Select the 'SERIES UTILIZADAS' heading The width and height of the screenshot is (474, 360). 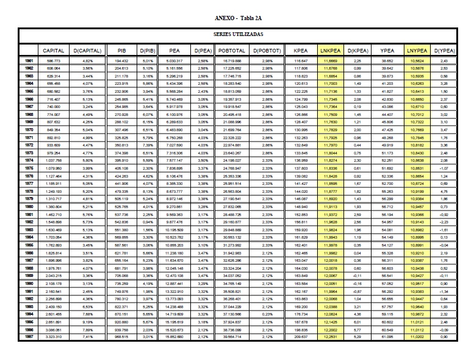click(237, 35)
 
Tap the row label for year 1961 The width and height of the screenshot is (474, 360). click(29, 62)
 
